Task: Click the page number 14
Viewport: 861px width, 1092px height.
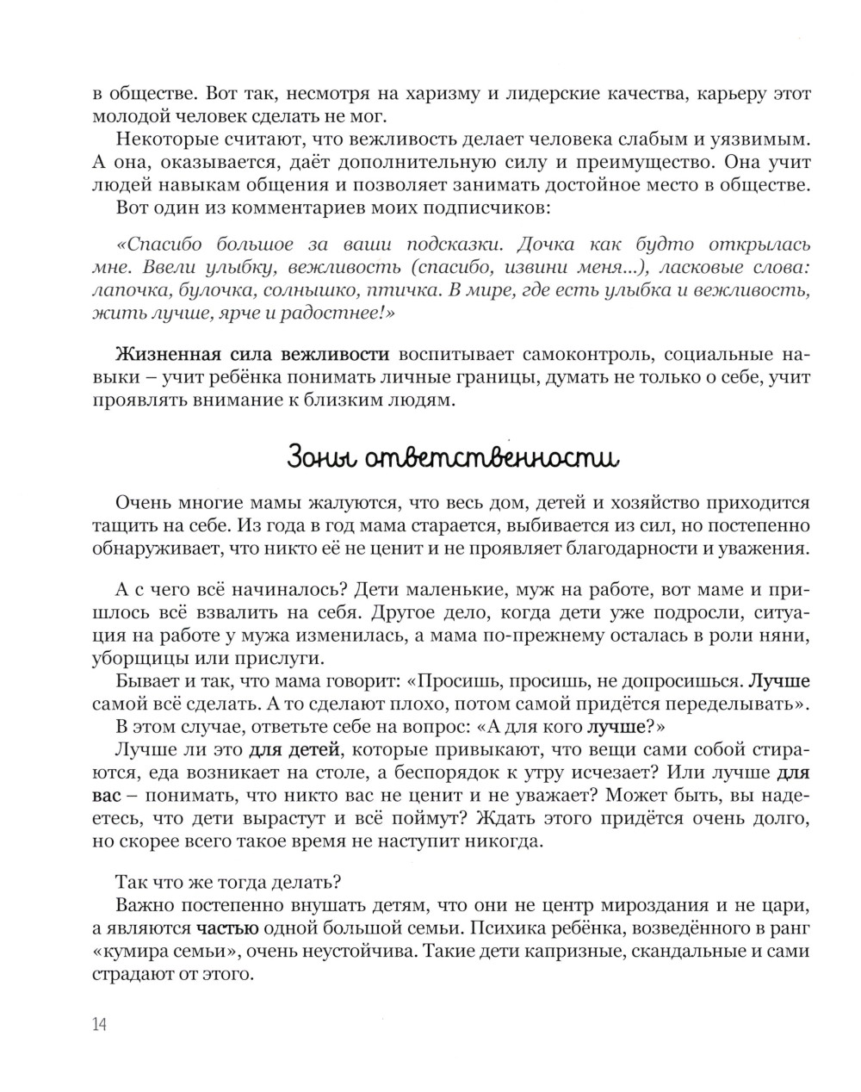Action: [98, 1024]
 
